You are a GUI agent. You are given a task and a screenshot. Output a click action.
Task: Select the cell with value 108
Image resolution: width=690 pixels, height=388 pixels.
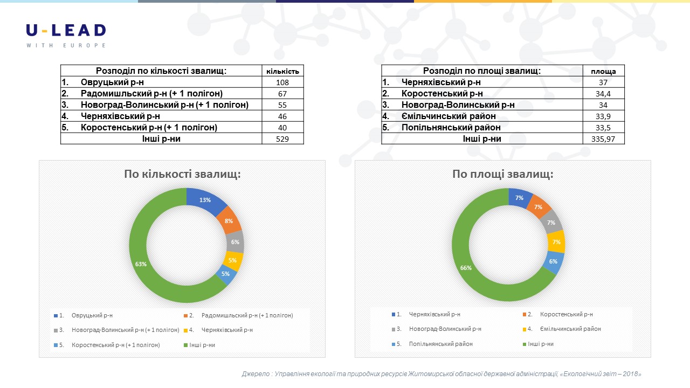click(x=282, y=82)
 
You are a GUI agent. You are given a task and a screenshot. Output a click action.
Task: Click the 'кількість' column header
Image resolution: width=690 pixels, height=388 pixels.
click(x=282, y=71)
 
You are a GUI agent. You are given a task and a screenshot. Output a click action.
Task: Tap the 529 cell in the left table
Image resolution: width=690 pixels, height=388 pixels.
click(x=282, y=139)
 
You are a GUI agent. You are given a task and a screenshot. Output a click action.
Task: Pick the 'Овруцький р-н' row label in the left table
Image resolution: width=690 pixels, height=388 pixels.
click(x=112, y=82)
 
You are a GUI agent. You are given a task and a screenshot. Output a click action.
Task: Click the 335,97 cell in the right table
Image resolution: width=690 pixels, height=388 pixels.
click(x=603, y=139)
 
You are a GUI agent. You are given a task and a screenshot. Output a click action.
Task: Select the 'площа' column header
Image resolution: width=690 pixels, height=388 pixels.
click(x=603, y=71)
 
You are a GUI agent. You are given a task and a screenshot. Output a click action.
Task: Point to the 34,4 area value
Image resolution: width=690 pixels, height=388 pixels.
click(x=603, y=94)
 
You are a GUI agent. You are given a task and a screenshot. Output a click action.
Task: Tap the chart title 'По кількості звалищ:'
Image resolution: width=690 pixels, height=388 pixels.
click(x=182, y=174)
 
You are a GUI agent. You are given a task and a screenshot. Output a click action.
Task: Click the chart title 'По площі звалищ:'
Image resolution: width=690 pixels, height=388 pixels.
click(x=502, y=175)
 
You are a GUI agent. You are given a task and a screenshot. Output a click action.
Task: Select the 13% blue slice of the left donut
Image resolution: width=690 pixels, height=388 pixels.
click(x=205, y=200)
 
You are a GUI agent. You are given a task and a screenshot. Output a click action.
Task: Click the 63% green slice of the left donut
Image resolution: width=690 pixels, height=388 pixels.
click(x=141, y=264)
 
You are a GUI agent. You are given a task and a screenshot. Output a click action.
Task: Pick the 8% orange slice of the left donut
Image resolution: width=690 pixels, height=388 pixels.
click(x=229, y=220)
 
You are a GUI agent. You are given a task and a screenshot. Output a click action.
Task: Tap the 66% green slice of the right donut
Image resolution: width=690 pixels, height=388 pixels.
click(x=466, y=268)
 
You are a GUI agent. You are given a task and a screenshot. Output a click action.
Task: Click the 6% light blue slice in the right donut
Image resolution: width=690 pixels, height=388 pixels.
click(x=554, y=261)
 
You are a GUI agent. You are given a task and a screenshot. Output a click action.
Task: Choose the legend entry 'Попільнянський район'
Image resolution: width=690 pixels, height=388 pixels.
click(x=440, y=344)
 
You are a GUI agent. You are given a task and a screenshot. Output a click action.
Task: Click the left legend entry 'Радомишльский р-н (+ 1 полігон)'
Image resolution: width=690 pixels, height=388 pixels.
click(x=247, y=315)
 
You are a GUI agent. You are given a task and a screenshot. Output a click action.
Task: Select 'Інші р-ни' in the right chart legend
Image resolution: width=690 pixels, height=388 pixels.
click(x=540, y=344)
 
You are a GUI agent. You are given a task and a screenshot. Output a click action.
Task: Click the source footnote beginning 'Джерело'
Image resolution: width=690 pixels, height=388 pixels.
click(x=441, y=374)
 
